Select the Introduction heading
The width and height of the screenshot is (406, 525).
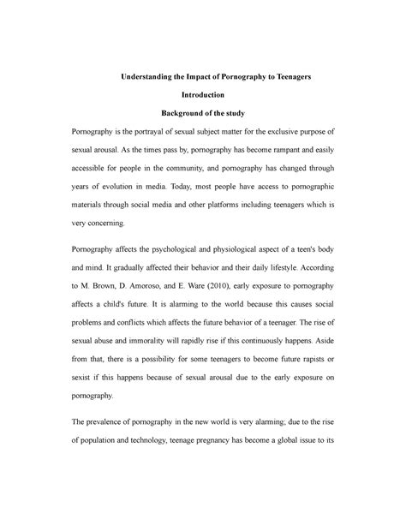[x=202, y=95]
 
